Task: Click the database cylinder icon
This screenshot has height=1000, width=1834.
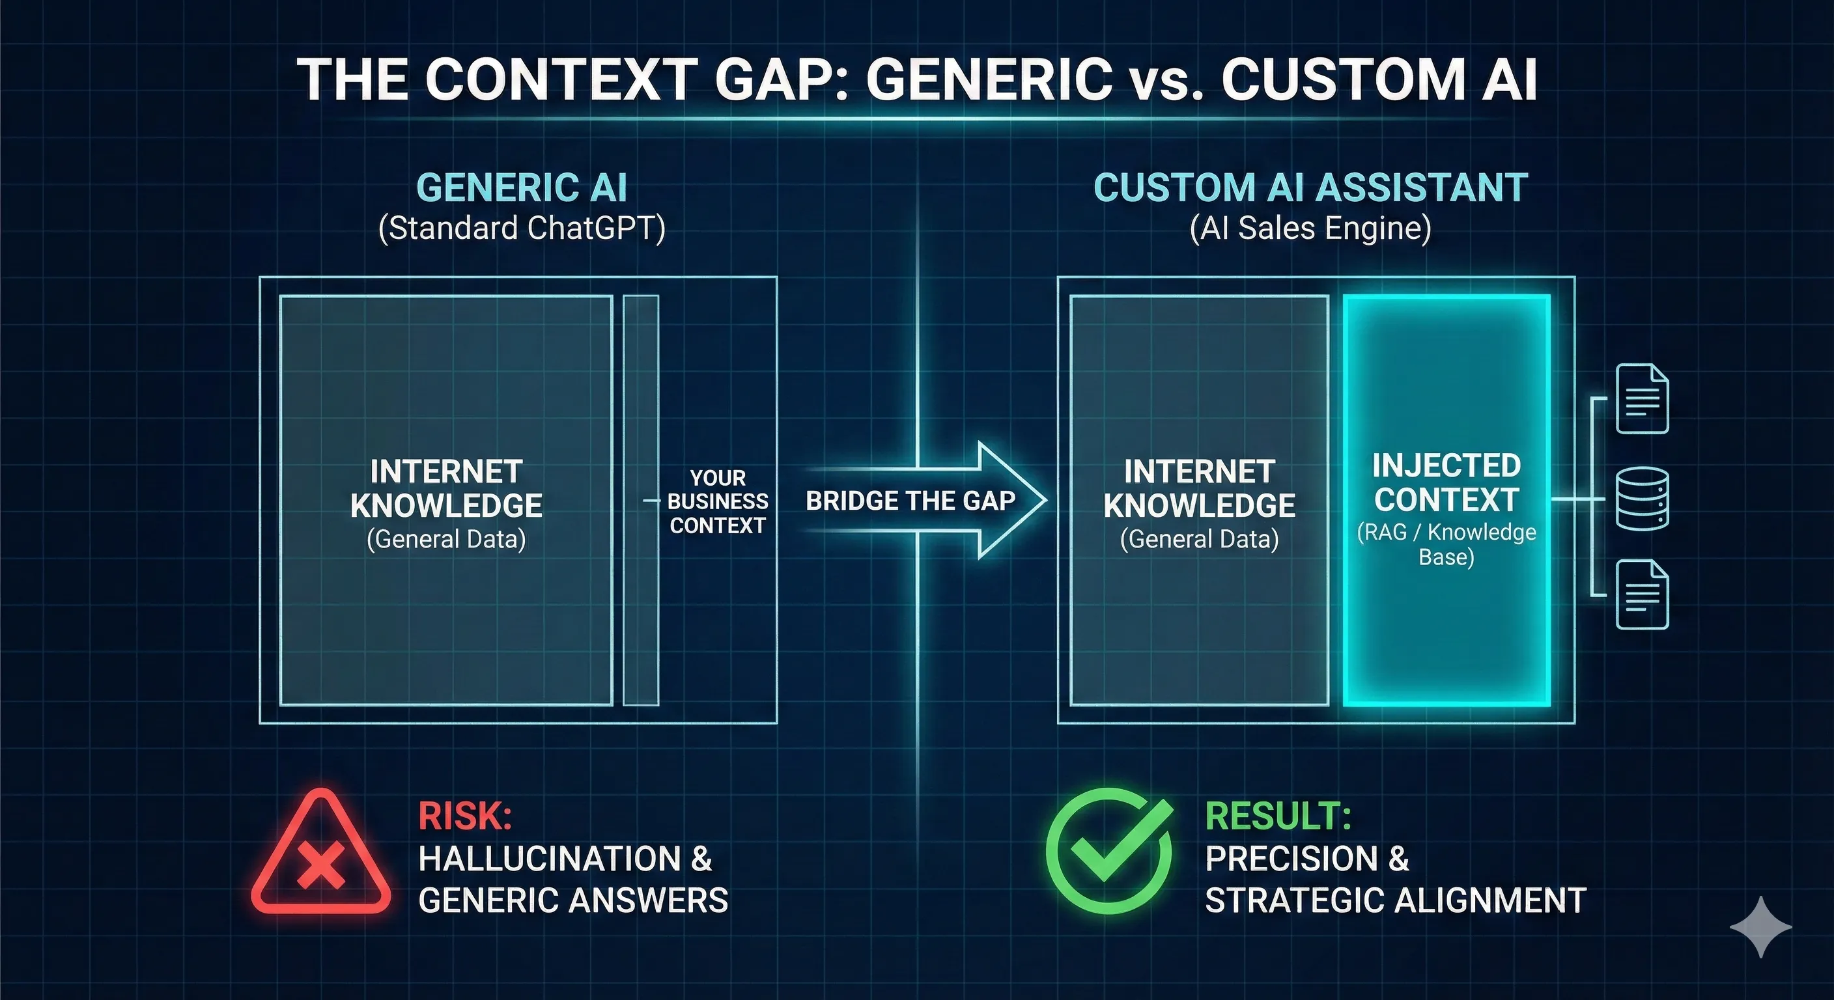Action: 1642,499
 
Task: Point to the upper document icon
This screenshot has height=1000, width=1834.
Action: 1642,398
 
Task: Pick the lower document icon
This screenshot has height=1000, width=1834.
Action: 1642,595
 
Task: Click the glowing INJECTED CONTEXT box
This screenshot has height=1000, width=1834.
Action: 1446,499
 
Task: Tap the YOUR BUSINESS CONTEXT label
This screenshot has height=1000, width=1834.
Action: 718,501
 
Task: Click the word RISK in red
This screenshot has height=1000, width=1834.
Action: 464,816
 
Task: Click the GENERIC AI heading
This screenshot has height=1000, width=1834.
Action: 522,188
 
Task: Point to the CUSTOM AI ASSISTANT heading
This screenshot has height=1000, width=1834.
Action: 1310,188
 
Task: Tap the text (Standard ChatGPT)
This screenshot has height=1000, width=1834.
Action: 522,229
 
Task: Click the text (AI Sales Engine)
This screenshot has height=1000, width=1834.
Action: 1310,229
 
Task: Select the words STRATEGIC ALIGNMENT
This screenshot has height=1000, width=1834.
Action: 1396,900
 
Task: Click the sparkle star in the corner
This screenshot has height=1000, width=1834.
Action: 1760,926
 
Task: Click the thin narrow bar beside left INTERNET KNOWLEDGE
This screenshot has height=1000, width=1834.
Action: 641,501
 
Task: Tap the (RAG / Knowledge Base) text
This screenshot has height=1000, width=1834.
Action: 1446,544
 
